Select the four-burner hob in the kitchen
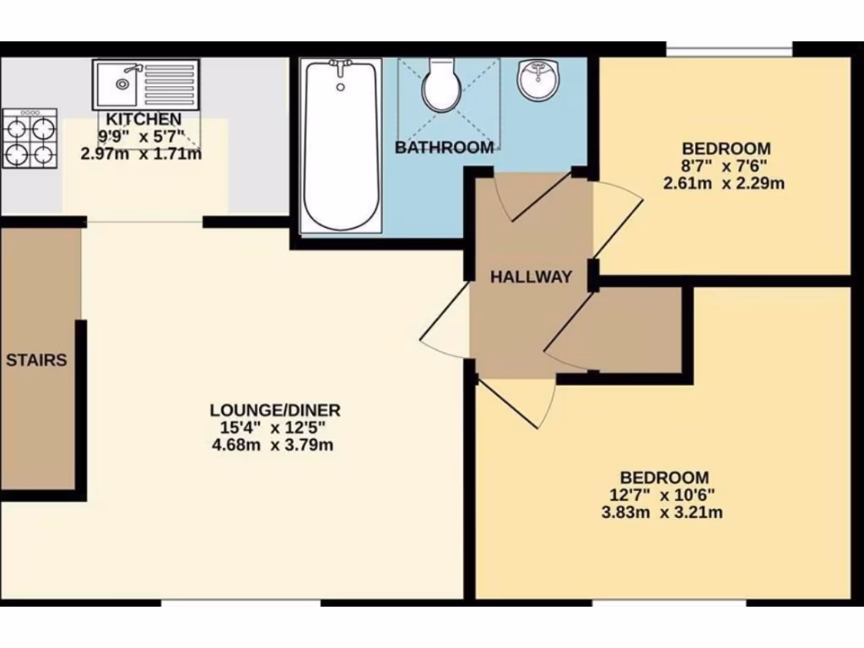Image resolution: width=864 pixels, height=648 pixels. (30, 138)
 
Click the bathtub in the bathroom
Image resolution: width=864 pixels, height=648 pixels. (341, 145)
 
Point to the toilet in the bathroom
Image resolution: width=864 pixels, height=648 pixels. (440, 85)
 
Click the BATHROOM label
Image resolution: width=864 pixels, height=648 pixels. (445, 148)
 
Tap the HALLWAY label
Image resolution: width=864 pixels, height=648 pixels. (532, 277)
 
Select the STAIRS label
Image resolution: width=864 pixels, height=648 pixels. (36, 360)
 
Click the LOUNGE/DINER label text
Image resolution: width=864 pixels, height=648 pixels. (275, 411)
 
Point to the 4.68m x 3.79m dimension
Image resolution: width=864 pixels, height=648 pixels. (275, 445)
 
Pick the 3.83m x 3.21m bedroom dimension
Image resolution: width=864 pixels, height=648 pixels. (664, 512)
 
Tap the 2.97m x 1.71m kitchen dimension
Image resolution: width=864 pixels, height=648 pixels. (141, 154)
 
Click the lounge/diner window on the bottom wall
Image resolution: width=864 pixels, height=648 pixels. (241, 602)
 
